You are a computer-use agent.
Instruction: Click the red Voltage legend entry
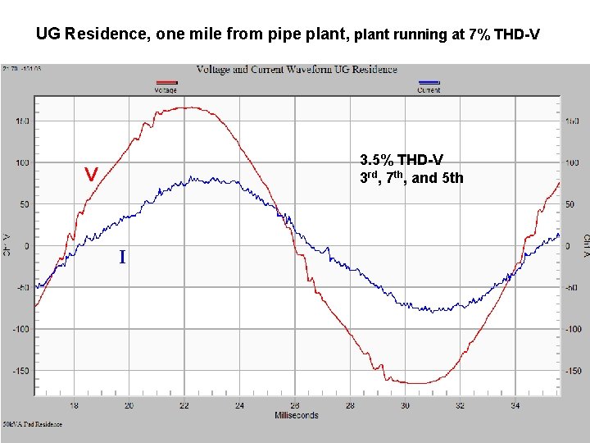(167, 87)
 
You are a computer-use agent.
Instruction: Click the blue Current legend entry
(429, 87)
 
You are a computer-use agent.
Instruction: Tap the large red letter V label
(92, 175)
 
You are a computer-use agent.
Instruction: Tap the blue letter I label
(122, 258)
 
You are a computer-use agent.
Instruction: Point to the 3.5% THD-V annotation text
(402, 160)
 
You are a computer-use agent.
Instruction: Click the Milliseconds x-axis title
(295, 415)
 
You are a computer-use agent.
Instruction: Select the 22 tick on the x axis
(184, 405)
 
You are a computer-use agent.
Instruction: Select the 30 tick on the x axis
(405, 405)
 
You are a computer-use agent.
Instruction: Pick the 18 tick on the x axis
(74, 405)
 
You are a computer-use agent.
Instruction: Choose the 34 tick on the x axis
(515, 405)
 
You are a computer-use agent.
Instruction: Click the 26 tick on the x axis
(295, 405)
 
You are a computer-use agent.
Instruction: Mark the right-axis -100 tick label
(573, 329)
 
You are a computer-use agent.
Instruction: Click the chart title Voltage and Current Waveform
(297, 70)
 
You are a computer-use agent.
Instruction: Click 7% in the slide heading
(479, 35)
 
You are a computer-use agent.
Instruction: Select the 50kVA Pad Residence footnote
(31, 424)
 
